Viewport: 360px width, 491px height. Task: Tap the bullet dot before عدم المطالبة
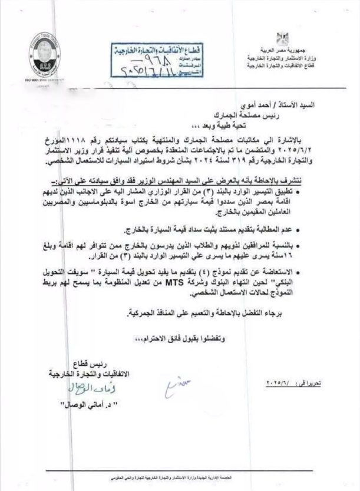click(x=299, y=228)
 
